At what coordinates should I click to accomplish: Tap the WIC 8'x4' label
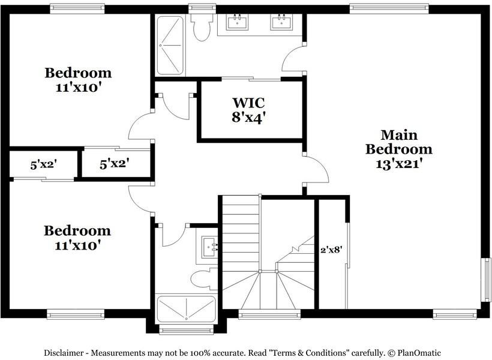pyautogui.click(x=248, y=110)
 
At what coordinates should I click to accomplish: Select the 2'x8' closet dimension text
pyautogui.click(x=331, y=250)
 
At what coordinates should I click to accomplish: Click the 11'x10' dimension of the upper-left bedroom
pyautogui.click(x=78, y=88)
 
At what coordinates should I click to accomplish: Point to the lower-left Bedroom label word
pyautogui.click(x=77, y=230)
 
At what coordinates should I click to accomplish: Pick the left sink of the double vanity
pyautogui.click(x=238, y=22)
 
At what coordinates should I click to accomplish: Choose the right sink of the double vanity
pyautogui.click(x=282, y=22)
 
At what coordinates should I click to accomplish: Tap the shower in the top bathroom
pyautogui.click(x=170, y=45)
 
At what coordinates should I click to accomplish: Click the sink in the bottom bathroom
pyautogui.click(x=209, y=247)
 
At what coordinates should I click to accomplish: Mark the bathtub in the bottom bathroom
pyautogui.click(x=187, y=309)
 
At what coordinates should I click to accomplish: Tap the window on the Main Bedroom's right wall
pyautogui.click(x=487, y=280)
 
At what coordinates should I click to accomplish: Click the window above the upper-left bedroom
pyautogui.click(x=77, y=8)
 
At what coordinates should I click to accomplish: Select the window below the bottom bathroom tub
pyautogui.click(x=187, y=329)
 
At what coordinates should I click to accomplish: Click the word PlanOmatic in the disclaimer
pyautogui.click(x=419, y=353)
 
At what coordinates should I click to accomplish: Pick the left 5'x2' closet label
pyautogui.click(x=43, y=164)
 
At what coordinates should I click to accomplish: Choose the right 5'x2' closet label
pyautogui.click(x=115, y=164)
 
